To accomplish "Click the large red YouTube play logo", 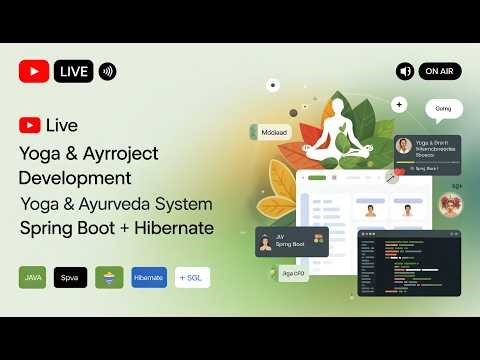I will [x=34, y=71].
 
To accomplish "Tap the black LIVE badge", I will [x=75, y=71].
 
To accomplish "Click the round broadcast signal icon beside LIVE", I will [x=107, y=71].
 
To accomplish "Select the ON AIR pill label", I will [x=439, y=71].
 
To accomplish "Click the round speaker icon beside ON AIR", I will [x=405, y=71].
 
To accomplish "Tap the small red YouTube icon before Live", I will [x=30, y=125].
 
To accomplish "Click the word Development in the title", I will [x=75, y=177].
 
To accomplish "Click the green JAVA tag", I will [x=33, y=277].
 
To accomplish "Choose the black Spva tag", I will [x=70, y=277].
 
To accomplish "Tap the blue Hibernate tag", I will [x=149, y=277].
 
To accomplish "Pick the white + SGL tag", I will [x=192, y=277].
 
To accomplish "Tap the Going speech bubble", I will [x=443, y=108].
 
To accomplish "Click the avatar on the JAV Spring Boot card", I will [x=265, y=242].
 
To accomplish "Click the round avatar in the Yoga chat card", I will [x=404, y=146].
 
